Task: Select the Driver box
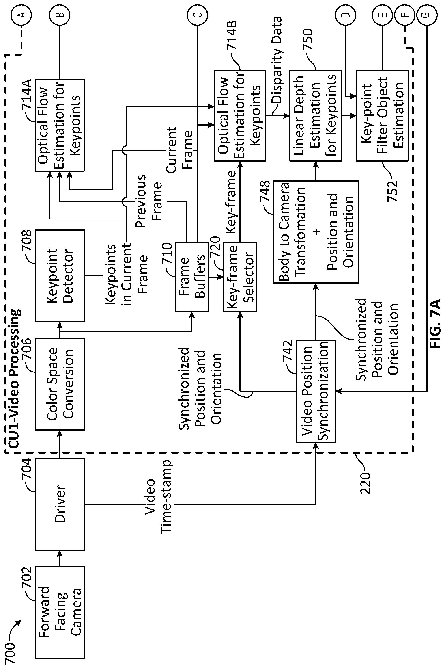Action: pos(60,504)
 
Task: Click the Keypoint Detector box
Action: pos(60,276)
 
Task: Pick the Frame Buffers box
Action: pos(191,277)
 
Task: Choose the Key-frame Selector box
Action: pos(240,277)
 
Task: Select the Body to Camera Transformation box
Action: pos(316,232)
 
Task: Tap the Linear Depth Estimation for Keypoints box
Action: pos(316,116)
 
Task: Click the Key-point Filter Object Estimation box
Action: pos(382,116)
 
